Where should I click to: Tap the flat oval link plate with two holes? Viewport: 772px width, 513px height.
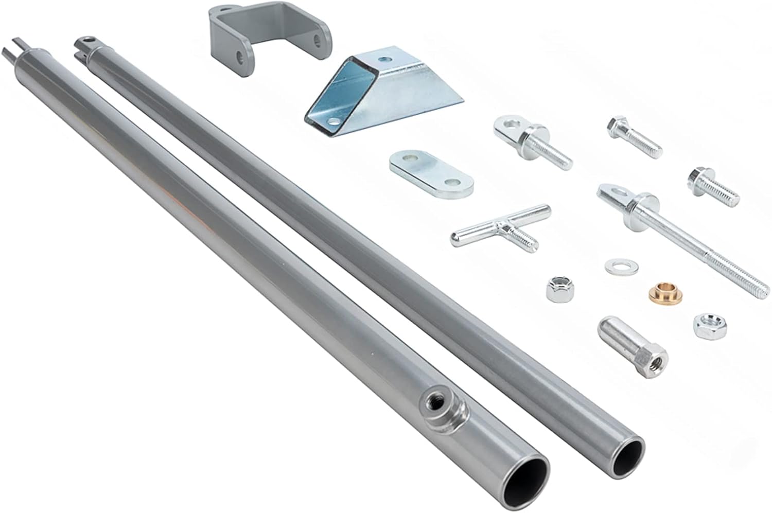(x=431, y=174)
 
